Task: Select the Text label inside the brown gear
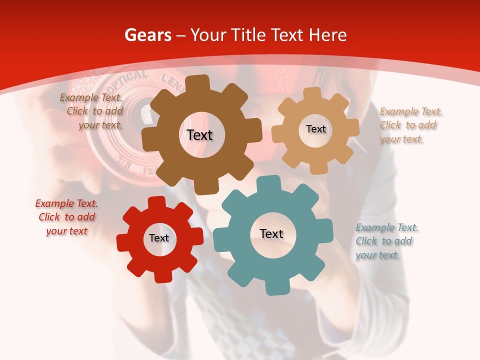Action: coord(200,135)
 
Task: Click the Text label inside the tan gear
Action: coord(315,129)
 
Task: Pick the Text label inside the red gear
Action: coord(159,238)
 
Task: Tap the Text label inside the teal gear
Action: coord(271,233)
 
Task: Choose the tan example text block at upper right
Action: coord(410,125)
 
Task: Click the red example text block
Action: coord(66,217)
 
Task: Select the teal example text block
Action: coord(386,241)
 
